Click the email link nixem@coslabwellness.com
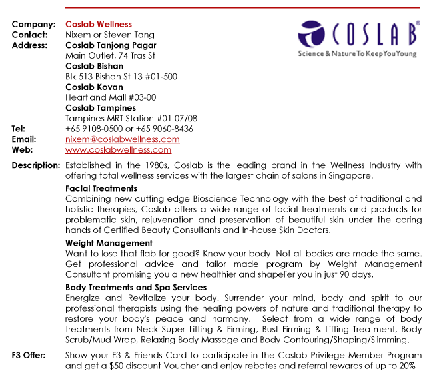123,139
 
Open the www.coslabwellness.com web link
118,150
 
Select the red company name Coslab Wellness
99,25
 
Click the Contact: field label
30,35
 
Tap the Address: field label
30,45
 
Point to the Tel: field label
19,129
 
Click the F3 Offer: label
29,355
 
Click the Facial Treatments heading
101,188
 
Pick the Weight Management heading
109,244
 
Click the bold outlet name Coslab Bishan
94,66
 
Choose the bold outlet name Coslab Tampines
101,108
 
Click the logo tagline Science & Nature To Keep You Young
357,53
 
